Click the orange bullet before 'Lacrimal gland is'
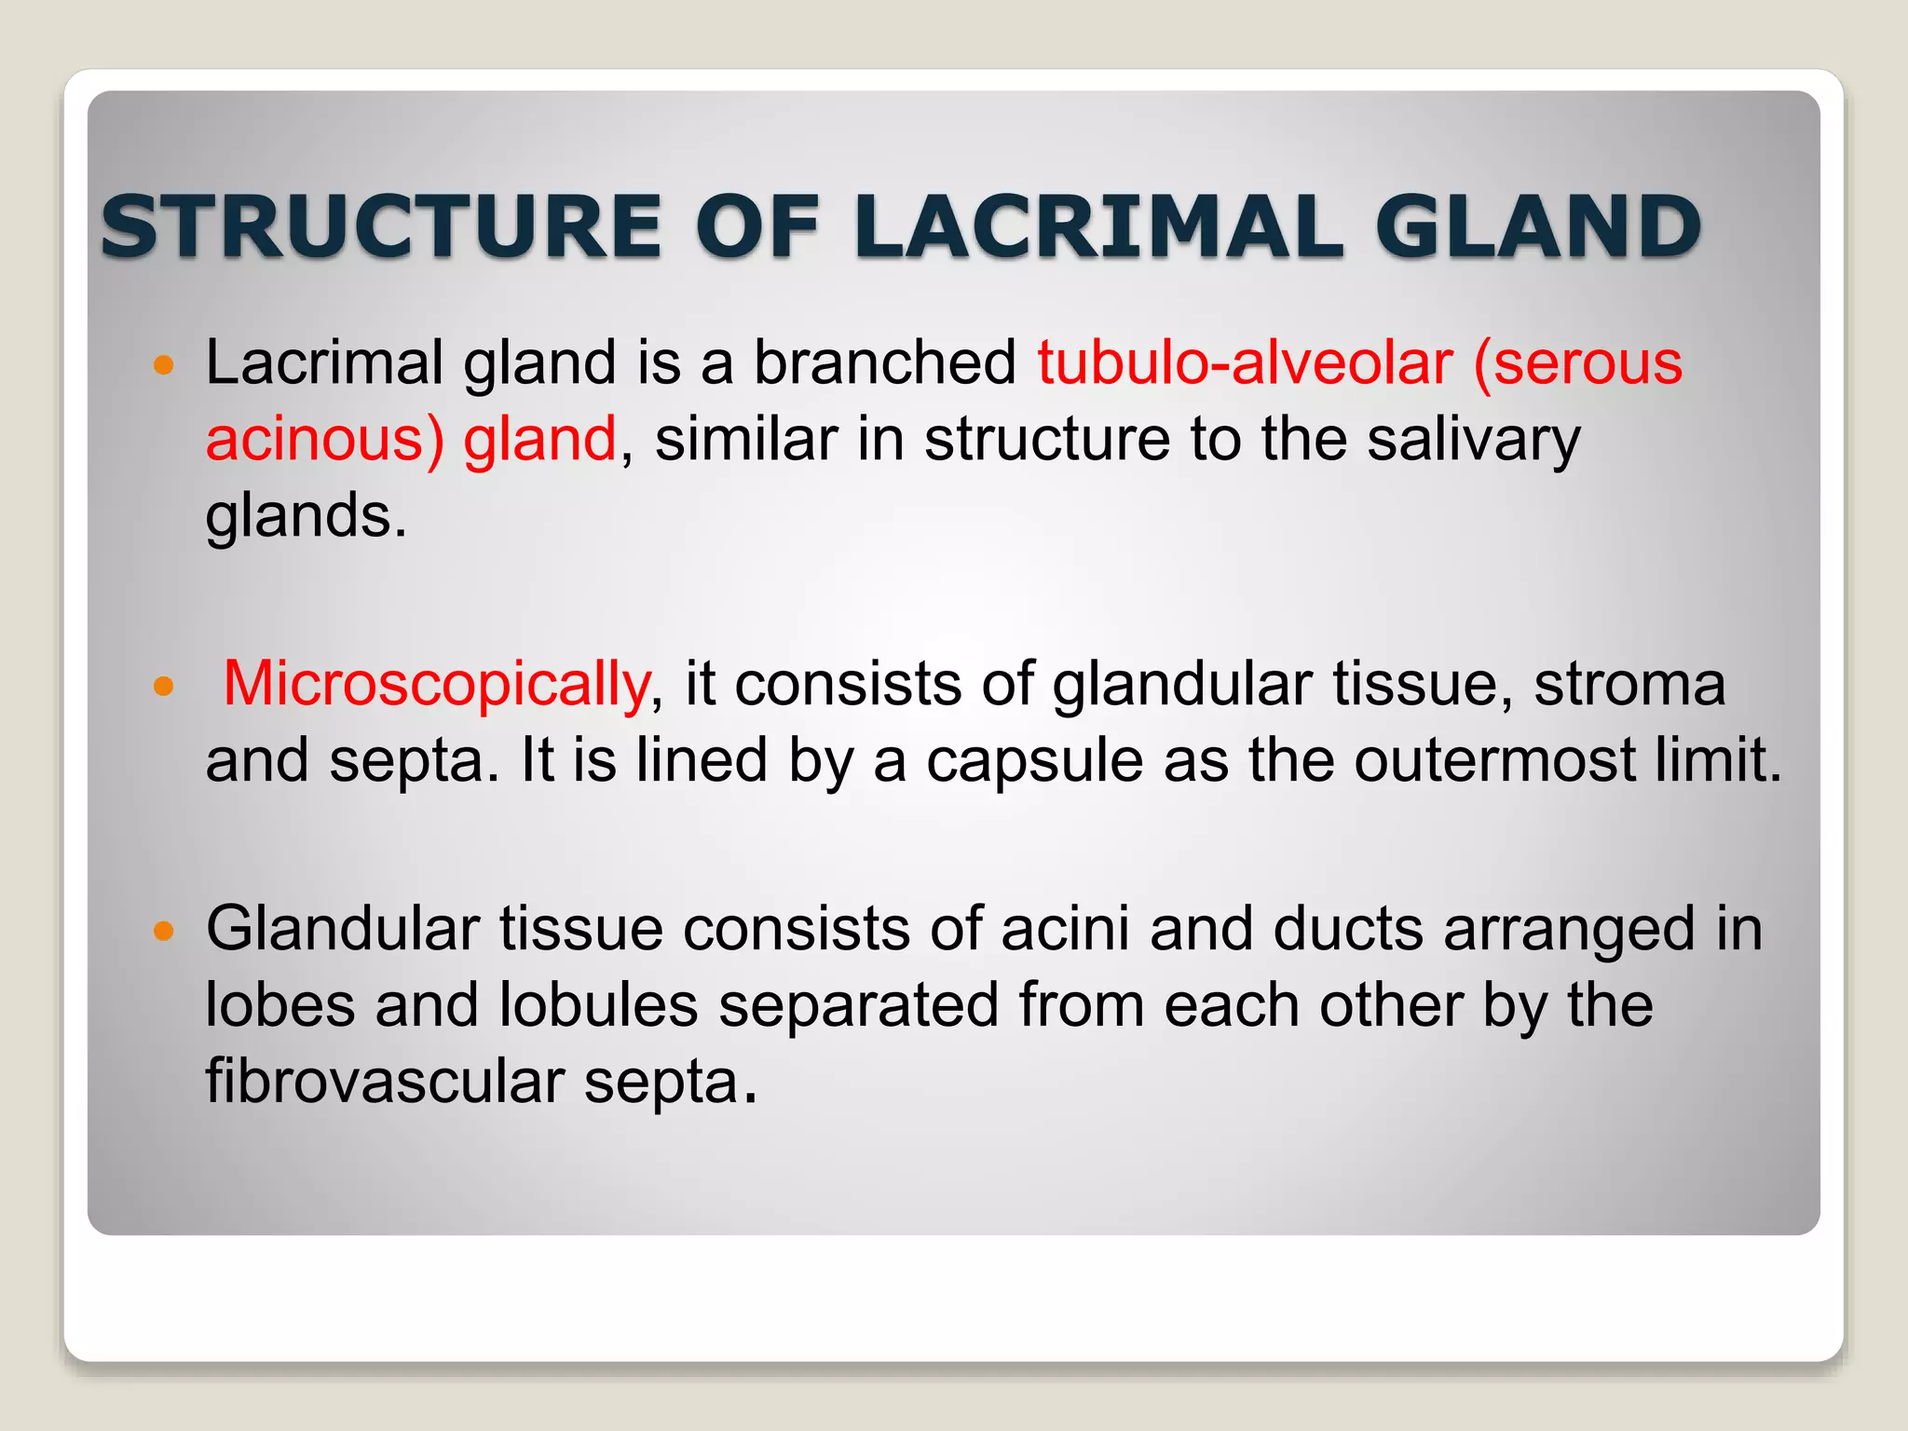[164, 365]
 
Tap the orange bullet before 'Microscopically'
[164, 688]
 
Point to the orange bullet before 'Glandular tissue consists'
[164, 932]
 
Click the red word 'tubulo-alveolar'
[1245, 362]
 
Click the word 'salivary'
[1473, 440]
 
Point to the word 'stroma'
[1629, 685]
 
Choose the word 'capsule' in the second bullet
[1034, 761]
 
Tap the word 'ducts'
[1347, 930]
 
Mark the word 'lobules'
[598, 1006]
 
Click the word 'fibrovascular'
[385, 1083]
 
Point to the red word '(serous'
[1577, 362]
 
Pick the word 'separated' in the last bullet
[858, 1006]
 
